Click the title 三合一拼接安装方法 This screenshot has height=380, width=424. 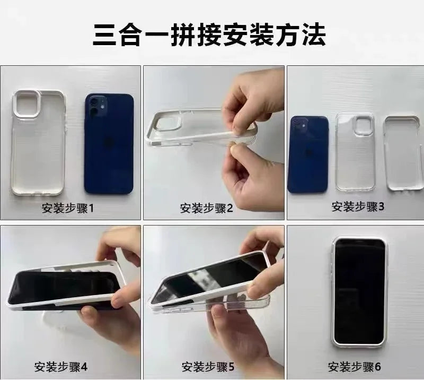click(x=209, y=35)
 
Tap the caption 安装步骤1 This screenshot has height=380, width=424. click(x=67, y=208)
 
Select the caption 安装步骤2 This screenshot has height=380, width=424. click(x=206, y=208)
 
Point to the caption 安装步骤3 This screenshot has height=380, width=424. click(x=358, y=206)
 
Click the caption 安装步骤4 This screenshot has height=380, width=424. click(x=60, y=367)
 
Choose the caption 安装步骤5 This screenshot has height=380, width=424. click(x=208, y=367)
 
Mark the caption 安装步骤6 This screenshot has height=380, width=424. click(x=354, y=367)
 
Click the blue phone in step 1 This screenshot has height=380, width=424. click(x=109, y=144)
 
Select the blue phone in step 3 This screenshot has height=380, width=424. click(x=308, y=154)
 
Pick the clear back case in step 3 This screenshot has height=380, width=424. click(x=355, y=152)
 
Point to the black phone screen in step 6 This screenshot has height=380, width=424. click(x=359, y=292)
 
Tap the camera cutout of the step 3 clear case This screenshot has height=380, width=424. click(x=363, y=125)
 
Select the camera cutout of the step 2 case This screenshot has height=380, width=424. click(x=167, y=123)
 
